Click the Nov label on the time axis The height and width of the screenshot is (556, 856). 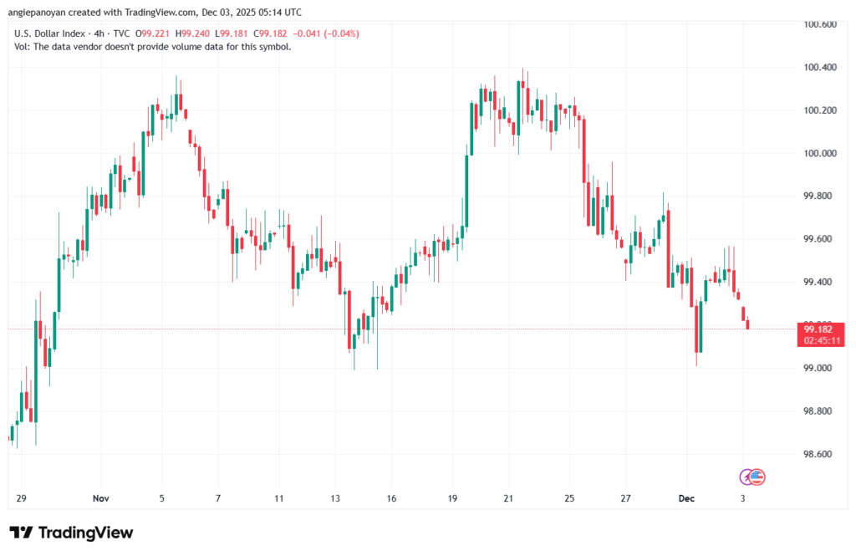tap(101, 498)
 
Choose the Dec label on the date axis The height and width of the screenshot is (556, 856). tap(686, 498)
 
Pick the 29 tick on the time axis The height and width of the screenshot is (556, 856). tap(21, 498)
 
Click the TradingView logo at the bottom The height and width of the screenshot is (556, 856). tap(71, 533)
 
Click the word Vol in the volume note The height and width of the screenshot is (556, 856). tap(23, 46)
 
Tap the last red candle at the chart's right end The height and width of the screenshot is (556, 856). tap(747, 324)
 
